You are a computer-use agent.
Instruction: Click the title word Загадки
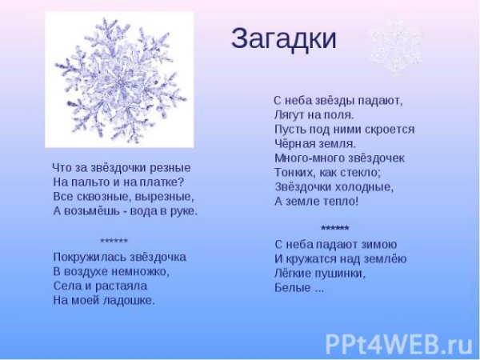[x=283, y=38]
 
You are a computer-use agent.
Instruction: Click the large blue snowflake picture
[x=120, y=80]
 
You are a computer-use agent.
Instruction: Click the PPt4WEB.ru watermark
[x=398, y=342]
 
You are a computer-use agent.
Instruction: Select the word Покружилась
[x=84, y=257]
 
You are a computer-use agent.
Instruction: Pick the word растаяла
[x=124, y=286]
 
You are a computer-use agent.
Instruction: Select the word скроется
[x=390, y=129]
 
